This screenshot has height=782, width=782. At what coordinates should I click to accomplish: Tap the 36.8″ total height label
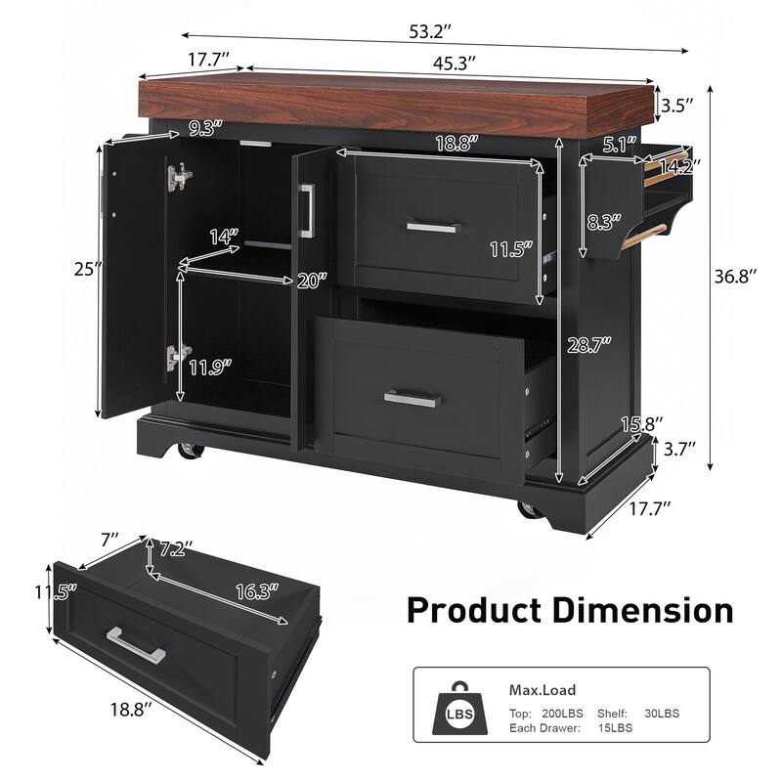point(734,278)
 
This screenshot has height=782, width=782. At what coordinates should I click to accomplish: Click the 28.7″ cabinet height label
point(592,343)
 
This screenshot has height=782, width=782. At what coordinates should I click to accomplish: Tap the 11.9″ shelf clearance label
point(212,368)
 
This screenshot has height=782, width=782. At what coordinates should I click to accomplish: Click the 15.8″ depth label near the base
point(641,423)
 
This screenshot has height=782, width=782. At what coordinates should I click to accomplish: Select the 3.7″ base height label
point(678,450)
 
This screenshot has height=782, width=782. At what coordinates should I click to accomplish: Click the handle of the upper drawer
point(437,227)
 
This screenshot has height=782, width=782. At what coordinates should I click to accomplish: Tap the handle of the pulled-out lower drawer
point(413,397)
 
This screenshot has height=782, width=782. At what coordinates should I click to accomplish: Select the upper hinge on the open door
point(179,176)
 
